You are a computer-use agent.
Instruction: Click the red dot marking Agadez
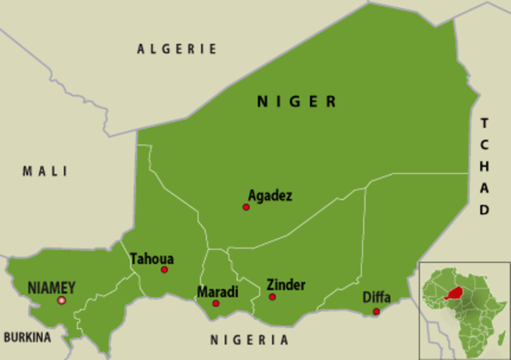coord(246,207)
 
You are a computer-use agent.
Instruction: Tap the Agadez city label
coord(270,196)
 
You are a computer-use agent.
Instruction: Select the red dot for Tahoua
coord(164,270)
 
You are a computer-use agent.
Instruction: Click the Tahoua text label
coord(152,259)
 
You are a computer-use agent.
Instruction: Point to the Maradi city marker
coord(216,303)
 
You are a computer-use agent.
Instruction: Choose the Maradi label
coord(217,292)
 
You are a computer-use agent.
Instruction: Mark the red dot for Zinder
coord(272,297)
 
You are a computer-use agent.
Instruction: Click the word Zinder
coord(286,285)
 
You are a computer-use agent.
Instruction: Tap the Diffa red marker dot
coord(376,311)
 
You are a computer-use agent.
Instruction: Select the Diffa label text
coord(376,298)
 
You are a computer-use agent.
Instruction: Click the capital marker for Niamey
coord(62,301)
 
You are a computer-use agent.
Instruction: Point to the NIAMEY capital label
coord(52,287)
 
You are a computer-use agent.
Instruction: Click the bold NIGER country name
coord(297,101)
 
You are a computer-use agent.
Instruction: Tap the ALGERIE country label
coord(177,49)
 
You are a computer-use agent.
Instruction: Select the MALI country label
coord(45,171)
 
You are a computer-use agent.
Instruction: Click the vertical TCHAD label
coord(484,167)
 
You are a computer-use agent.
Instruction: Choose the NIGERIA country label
coord(249,340)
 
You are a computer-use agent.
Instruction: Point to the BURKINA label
coord(27,338)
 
